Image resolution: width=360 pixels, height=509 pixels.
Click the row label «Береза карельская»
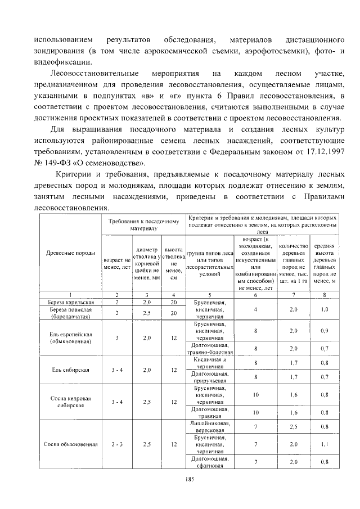point(71,302)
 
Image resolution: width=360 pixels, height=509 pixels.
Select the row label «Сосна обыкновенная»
point(71,444)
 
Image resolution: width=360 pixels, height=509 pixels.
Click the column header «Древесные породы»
point(71,253)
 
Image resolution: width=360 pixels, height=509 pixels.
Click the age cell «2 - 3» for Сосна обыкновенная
point(117,444)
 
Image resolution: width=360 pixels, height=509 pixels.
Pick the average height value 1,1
point(325,444)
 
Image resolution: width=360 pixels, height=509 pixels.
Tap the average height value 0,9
point(325,331)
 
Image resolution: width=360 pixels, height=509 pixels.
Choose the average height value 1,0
point(325,309)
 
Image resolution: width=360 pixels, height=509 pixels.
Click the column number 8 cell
point(325,294)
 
